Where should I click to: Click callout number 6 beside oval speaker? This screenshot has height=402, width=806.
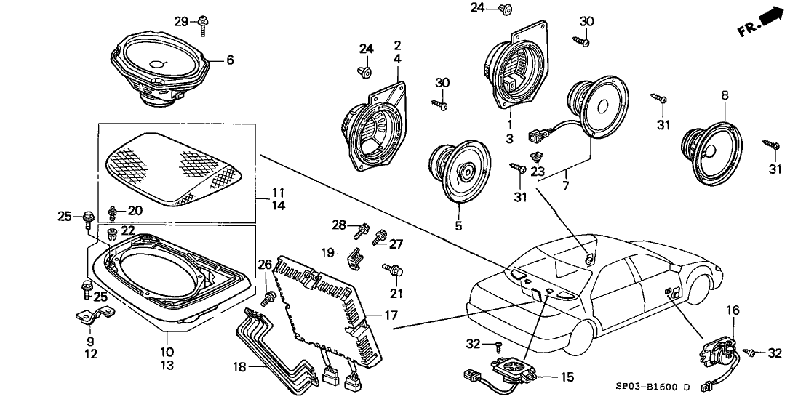tap(230, 61)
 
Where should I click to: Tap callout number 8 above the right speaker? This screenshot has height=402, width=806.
tap(724, 95)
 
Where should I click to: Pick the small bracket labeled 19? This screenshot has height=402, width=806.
tap(356, 255)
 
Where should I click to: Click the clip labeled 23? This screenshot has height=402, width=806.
tap(537, 158)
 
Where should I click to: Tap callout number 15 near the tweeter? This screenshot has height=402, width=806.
tap(546, 377)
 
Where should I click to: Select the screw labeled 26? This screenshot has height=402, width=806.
tap(268, 297)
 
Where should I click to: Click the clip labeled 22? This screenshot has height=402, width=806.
tap(111, 234)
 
